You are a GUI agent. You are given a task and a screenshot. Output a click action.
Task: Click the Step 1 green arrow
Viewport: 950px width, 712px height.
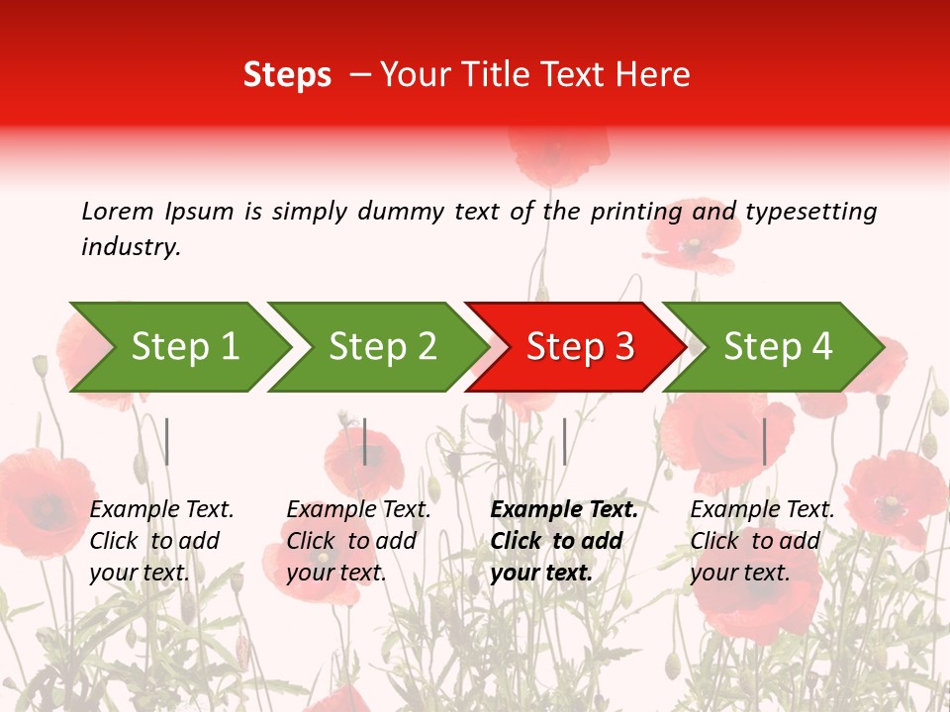pyautogui.click(x=183, y=347)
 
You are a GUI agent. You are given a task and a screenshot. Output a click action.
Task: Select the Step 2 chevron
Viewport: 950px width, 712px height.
pyautogui.click(x=381, y=347)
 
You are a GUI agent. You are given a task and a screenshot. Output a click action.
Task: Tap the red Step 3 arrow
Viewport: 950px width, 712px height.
pyautogui.click(x=579, y=347)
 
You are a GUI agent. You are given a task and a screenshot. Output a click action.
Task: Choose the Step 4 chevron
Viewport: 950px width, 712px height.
pyautogui.click(x=777, y=347)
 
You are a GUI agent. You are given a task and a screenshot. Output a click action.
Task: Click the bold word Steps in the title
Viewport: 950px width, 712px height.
pyautogui.click(x=287, y=75)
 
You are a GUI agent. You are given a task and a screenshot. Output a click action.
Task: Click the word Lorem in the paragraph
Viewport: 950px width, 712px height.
pyautogui.click(x=118, y=211)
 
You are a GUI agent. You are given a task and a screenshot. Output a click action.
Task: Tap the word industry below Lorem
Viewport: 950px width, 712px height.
pyautogui.click(x=131, y=247)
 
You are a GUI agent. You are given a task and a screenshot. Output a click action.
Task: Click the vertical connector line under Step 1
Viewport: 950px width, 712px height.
pyautogui.click(x=167, y=441)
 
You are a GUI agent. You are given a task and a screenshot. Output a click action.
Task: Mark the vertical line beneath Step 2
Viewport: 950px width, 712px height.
pyautogui.click(x=365, y=441)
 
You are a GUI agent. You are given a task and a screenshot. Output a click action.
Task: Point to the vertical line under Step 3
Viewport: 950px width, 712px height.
pyautogui.click(x=564, y=441)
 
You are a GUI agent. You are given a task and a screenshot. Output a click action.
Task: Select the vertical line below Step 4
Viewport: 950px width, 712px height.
pyautogui.click(x=764, y=441)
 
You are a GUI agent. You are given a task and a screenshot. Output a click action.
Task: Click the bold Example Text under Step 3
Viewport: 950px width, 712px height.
pyautogui.click(x=564, y=509)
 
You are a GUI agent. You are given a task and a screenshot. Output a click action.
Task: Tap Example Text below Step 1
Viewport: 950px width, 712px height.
pyautogui.click(x=161, y=509)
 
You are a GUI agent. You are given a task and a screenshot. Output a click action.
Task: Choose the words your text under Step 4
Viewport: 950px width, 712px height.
pyautogui.click(x=740, y=573)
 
